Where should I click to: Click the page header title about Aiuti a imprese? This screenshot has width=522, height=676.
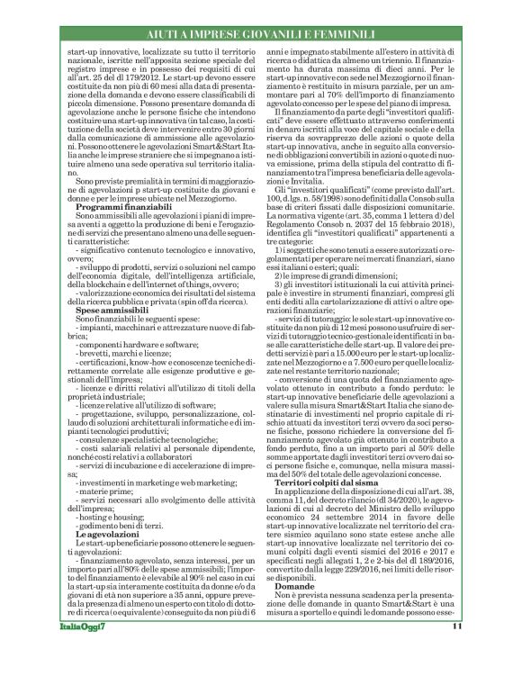(260, 33)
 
